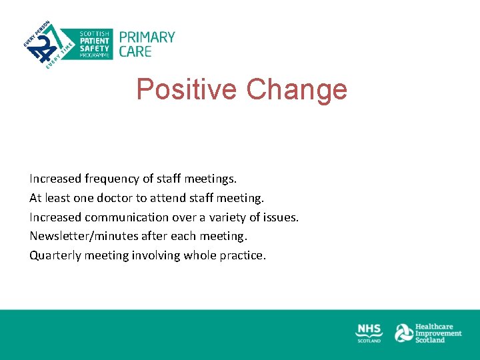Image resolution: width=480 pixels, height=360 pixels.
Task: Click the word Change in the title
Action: coord(296,89)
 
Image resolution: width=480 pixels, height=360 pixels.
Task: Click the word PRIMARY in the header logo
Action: coord(147,37)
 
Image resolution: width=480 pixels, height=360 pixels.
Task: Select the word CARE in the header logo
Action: coord(135,51)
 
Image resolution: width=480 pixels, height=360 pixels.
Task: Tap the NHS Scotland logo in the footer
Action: coord(369,333)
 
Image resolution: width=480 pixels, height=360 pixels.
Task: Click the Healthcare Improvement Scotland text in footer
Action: coord(439,333)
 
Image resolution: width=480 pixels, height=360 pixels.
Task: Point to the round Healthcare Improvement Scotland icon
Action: coord(403,333)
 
